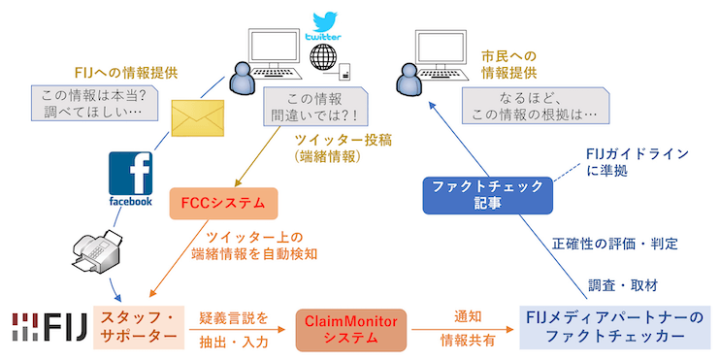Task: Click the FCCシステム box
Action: pyautogui.click(x=222, y=203)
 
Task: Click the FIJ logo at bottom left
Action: pyautogui.click(x=46, y=328)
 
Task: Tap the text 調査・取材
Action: pyautogui.click(x=622, y=285)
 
